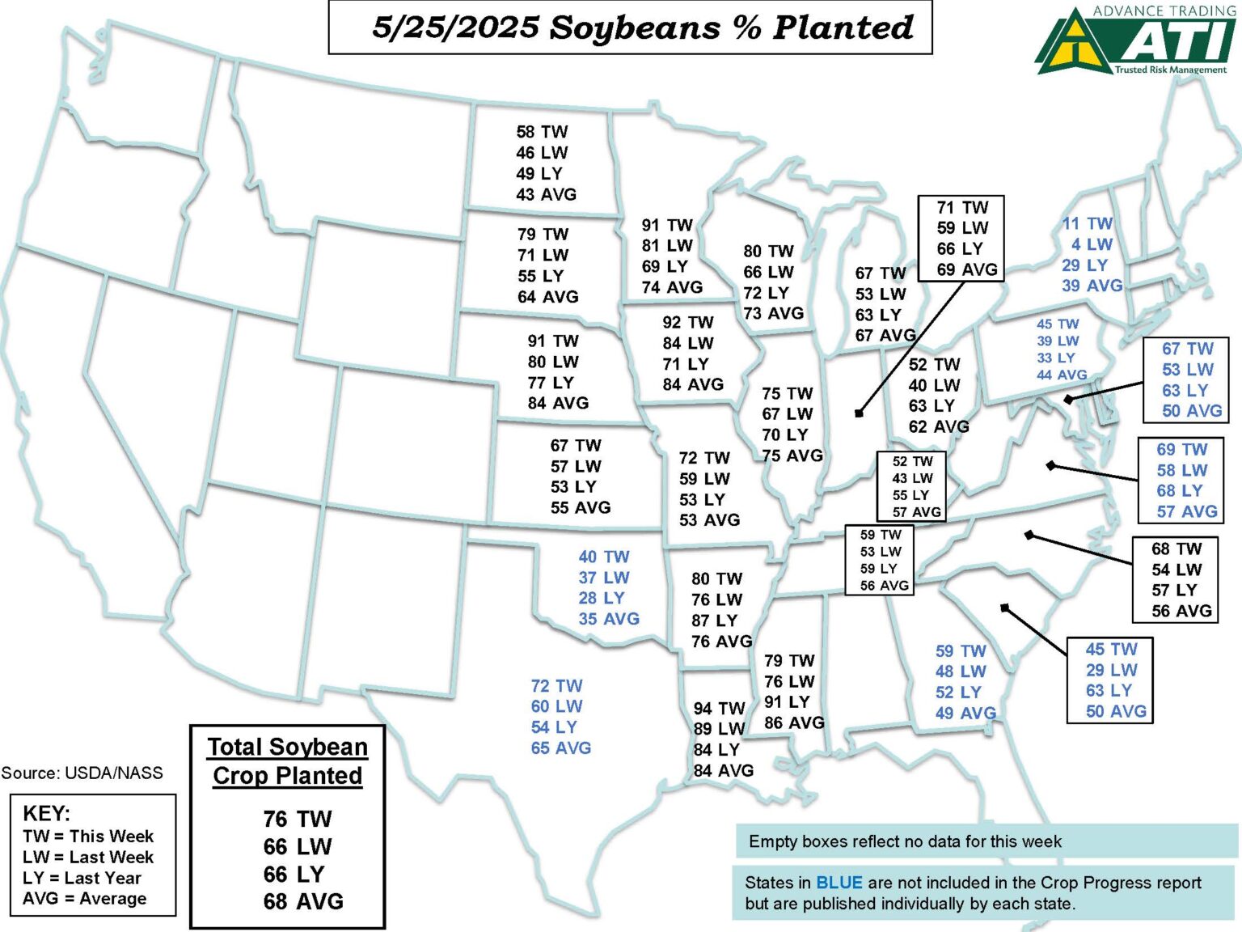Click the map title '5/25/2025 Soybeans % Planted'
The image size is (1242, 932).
click(642, 28)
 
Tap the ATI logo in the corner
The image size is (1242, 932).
click(1136, 40)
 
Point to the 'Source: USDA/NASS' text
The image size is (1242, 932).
click(82, 773)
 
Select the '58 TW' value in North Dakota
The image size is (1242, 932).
click(542, 132)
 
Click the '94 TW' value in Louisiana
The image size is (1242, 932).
click(719, 709)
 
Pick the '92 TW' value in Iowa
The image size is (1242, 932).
click(687, 323)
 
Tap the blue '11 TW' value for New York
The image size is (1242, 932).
click(1087, 223)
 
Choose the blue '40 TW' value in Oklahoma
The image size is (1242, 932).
click(603, 557)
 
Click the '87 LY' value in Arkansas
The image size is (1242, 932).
click(714, 621)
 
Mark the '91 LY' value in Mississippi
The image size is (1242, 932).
click(787, 702)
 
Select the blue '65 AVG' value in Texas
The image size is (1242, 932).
click(560, 748)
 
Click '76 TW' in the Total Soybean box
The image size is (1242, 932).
click(297, 820)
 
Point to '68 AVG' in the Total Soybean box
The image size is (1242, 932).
click(303, 901)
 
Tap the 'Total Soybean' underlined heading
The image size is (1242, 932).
click(287, 747)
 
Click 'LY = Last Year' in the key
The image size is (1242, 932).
click(82, 878)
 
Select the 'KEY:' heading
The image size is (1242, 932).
click(46, 814)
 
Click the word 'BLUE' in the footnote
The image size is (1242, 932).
click(839, 883)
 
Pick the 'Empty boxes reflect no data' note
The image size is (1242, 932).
click(905, 841)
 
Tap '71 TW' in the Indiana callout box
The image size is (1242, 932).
click(962, 208)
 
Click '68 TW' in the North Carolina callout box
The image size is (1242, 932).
click(1177, 549)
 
